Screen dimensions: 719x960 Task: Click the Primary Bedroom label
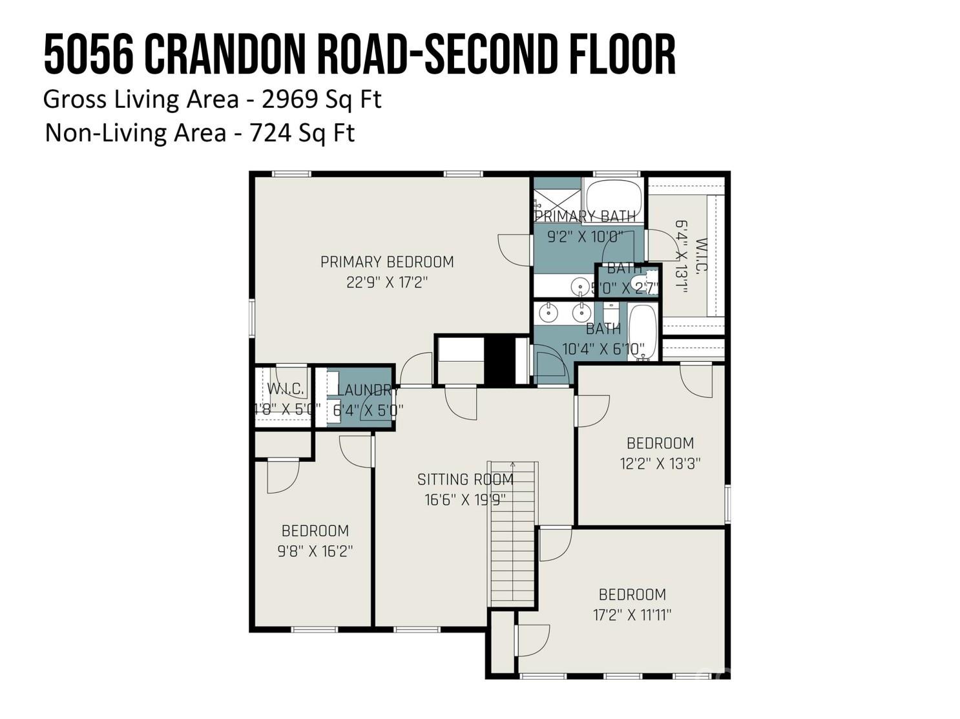[x=387, y=262]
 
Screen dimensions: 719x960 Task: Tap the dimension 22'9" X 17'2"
[x=387, y=282]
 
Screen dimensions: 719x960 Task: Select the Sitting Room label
[x=465, y=479]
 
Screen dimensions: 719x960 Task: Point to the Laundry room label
[x=365, y=390]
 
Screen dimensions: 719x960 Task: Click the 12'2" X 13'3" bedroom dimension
[x=660, y=463]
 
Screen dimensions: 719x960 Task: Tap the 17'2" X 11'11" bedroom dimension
[x=632, y=614]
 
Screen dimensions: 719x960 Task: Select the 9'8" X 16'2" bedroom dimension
[x=315, y=551]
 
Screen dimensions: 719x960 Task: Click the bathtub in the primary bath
[x=612, y=194]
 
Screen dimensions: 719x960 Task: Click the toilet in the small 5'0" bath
[x=651, y=282]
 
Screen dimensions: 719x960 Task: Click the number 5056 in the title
[x=89, y=56]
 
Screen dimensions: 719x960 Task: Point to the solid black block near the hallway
[x=499, y=360]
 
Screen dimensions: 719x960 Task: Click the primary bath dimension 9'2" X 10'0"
[x=585, y=236]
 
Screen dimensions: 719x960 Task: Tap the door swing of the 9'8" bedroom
[x=282, y=475]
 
